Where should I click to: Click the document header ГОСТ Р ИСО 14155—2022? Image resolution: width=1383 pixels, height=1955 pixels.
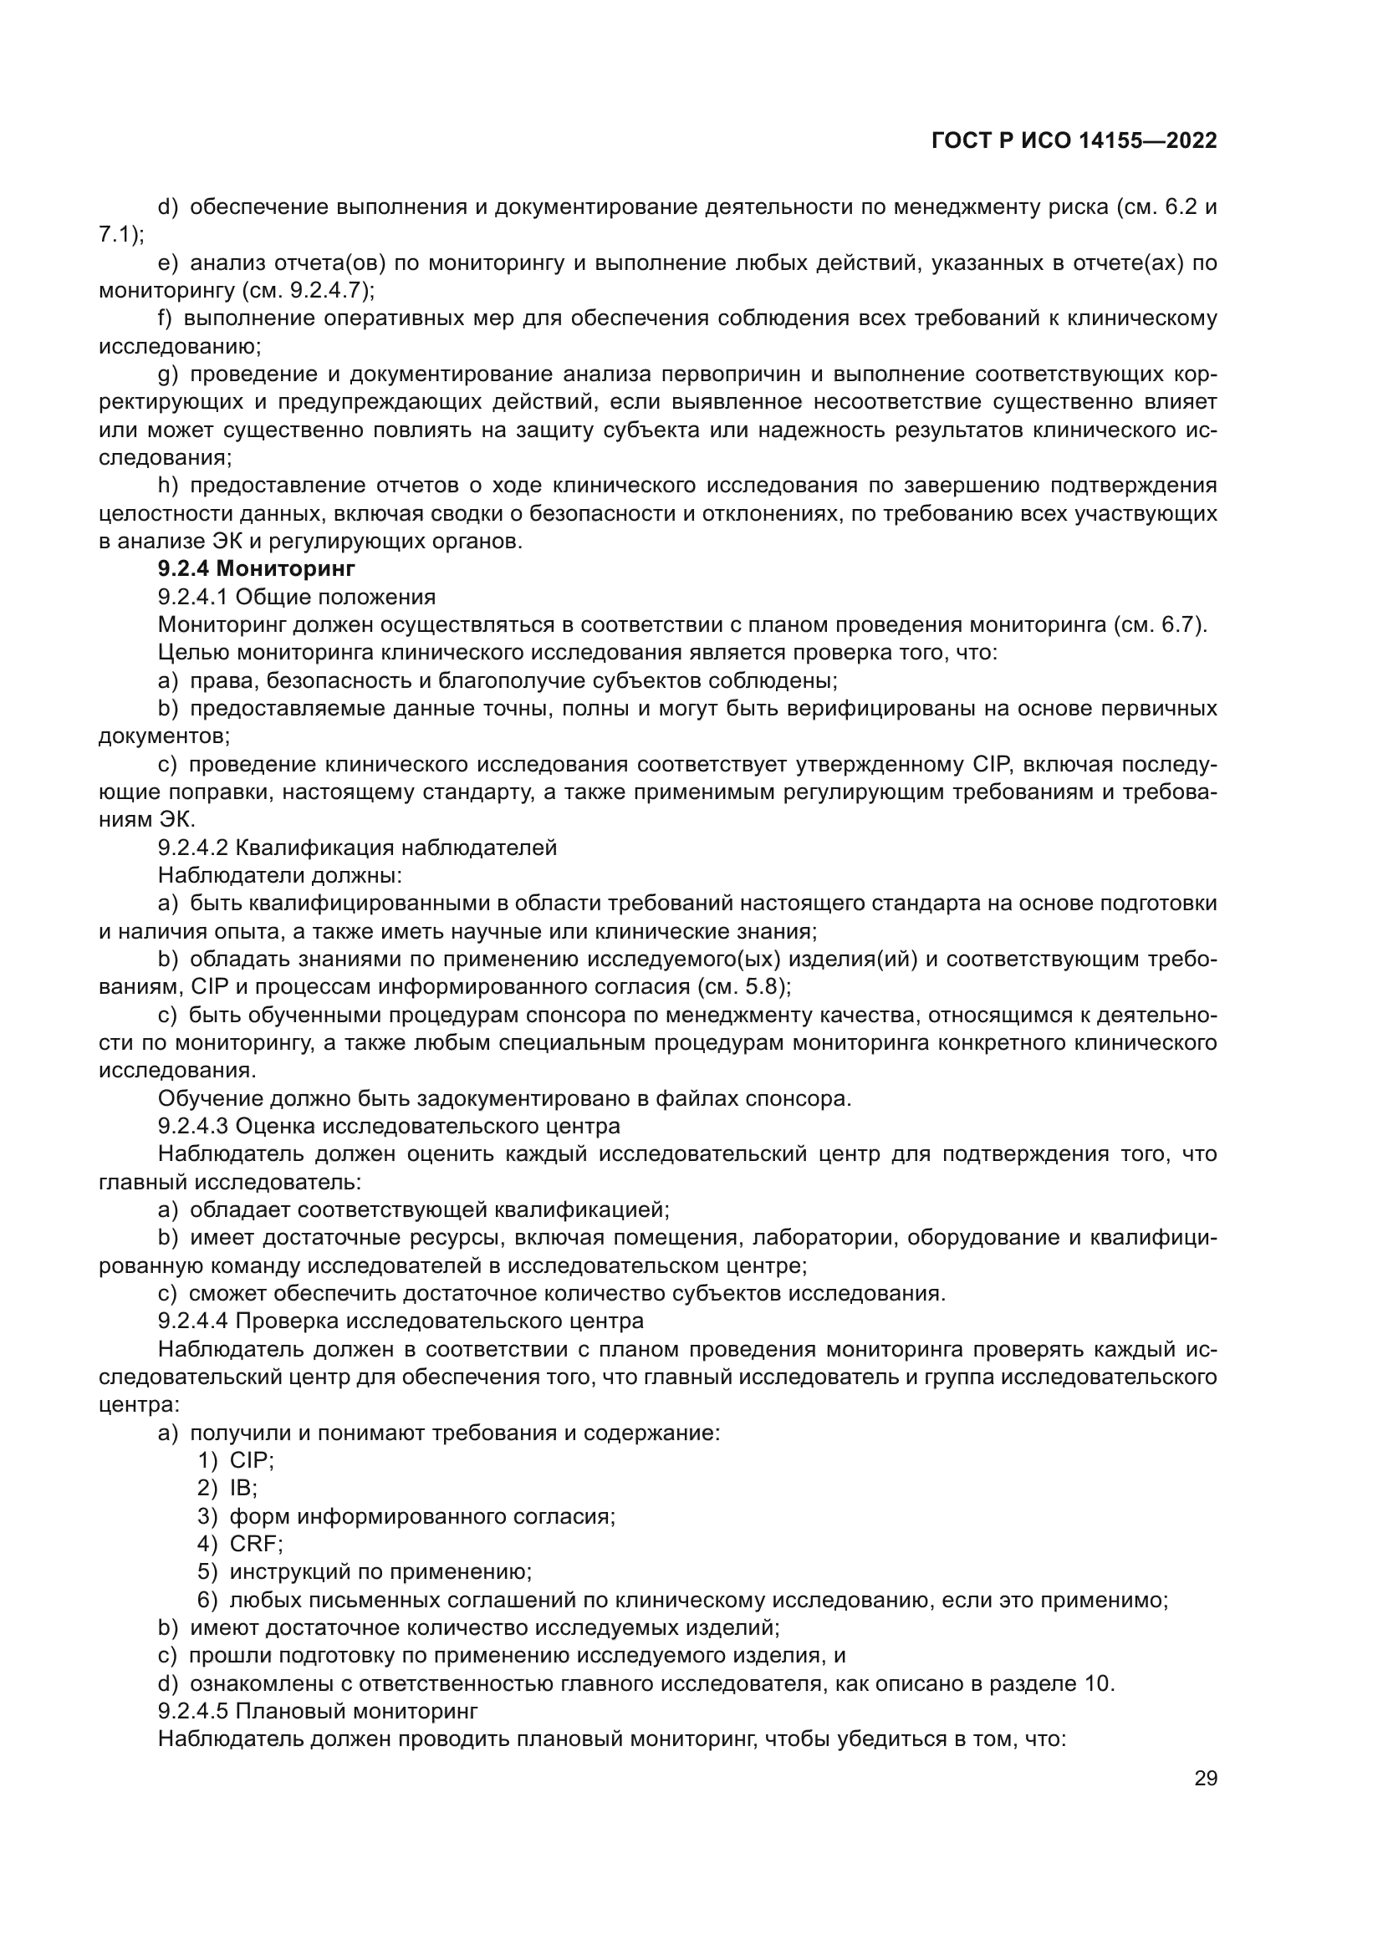pos(1074,141)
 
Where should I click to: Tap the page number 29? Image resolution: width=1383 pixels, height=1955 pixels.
pos(1205,1778)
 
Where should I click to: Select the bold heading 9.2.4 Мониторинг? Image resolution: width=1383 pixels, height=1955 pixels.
pos(257,568)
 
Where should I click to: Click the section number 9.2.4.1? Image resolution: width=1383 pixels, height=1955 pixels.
pos(193,596)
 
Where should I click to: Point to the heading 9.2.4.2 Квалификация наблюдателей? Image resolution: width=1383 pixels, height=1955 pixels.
pos(358,848)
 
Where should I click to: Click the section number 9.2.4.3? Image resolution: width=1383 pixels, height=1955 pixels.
pos(193,1127)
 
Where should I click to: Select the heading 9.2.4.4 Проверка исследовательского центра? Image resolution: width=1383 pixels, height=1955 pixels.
pos(401,1321)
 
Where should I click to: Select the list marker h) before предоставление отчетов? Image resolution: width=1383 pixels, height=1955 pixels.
pos(168,486)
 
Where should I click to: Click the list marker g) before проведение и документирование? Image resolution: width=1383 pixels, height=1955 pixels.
pos(168,374)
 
